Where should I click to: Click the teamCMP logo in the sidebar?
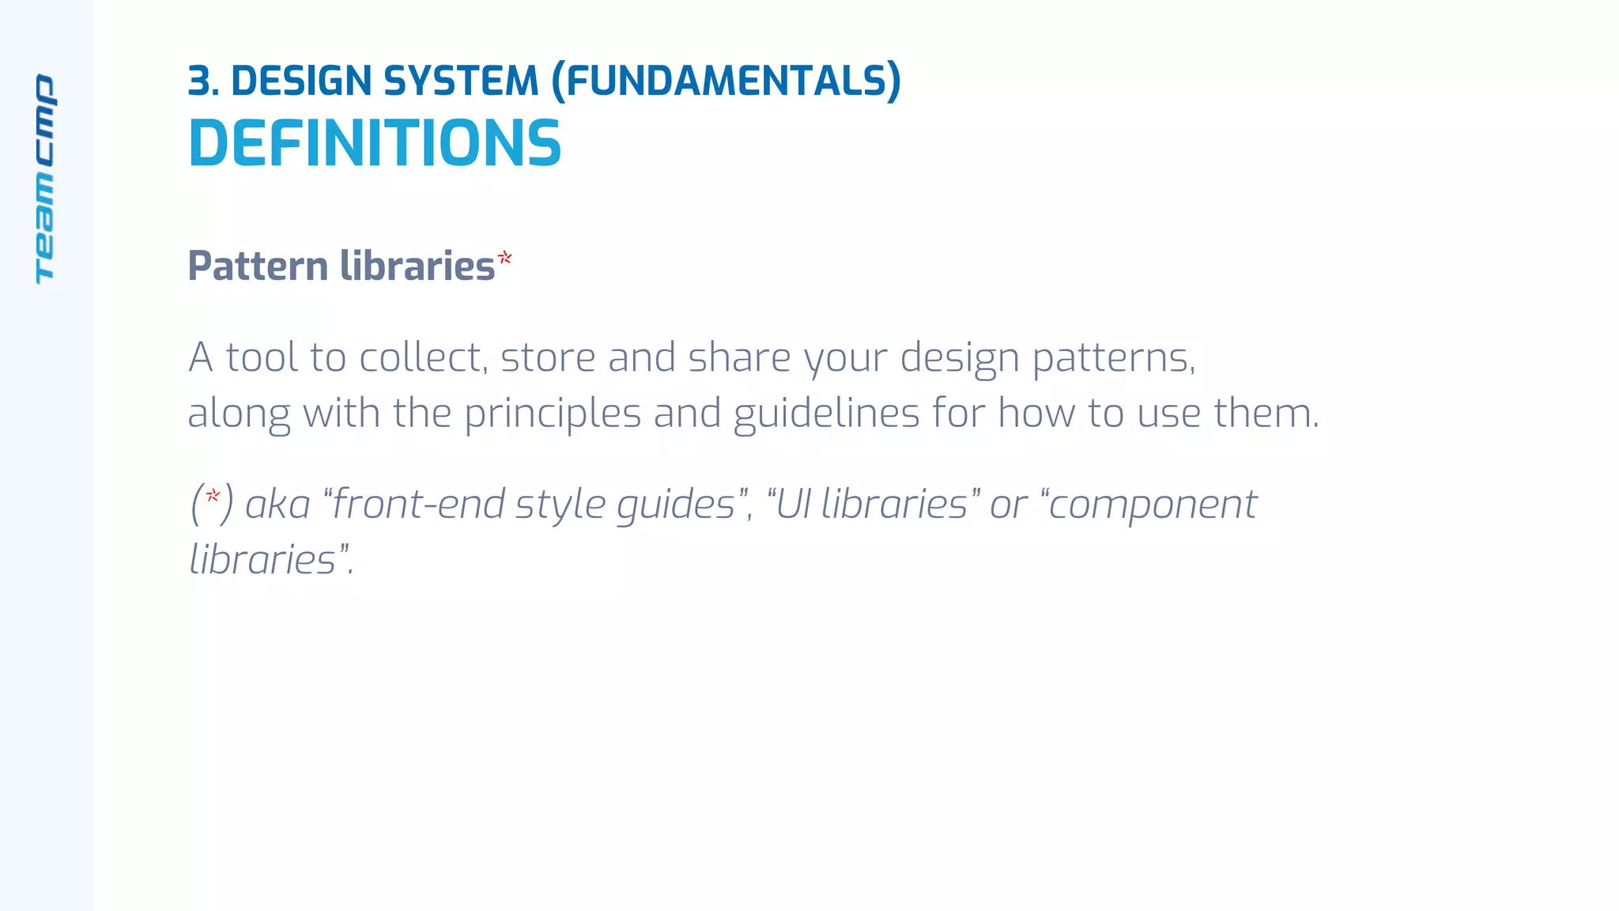pyautogui.click(x=45, y=179)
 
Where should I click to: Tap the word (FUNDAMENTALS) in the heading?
pyautogui.click(x=726, y=81)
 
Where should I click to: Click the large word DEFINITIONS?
pyautogui.click(x=375, y=144)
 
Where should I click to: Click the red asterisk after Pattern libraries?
pyautogui.click(x=504, y=258)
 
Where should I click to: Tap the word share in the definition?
pyautogui.click(x=739, y=357)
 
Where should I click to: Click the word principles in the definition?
pyautogui.click(x=552, y=414)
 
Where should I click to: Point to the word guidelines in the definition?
pyautogui.click(x=826, y=414)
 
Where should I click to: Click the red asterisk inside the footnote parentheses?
pyautogui.click(x=212, y=497)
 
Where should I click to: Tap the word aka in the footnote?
pyautogui.click(x=277, y=505)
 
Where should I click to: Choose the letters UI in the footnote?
pyautogui.click(x=794, y=505)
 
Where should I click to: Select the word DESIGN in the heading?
pyautogui.click(x=301, y=81)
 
